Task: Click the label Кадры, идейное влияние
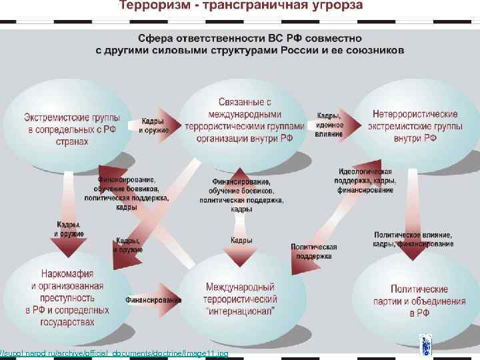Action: tap(330, 125)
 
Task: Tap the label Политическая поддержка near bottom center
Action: tap(313, 251)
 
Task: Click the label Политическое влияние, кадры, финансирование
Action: tap(413, 240)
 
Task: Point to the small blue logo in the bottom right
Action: tap(425, 345)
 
